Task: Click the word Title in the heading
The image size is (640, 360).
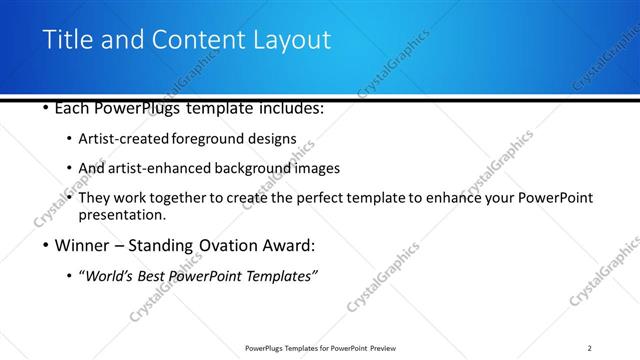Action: (x=67, y=41)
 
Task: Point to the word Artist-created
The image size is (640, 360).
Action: (x=124, y=139)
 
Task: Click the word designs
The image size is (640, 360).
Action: (x=276, y=139)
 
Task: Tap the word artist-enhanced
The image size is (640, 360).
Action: (x=160, y=168)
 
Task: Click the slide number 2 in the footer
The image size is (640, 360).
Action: (x=590, y=347)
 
